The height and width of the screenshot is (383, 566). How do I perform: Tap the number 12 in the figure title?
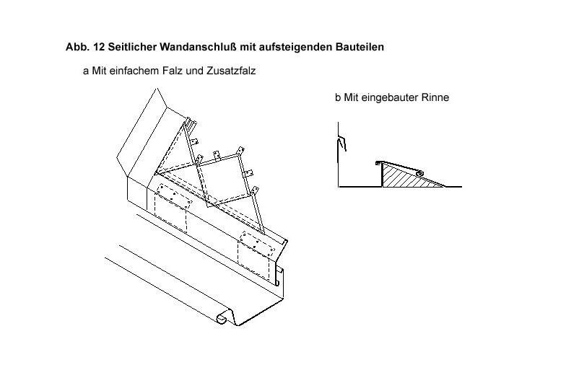pos(98,47)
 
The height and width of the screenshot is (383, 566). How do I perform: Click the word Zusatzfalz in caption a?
pos(231,71)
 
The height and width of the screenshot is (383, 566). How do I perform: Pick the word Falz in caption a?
pos(173,71)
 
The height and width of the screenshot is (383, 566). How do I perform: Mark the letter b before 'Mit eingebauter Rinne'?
pos(338,97)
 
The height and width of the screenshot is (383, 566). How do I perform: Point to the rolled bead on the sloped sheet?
pos(420,173)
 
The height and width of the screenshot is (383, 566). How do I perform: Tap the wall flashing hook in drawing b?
pos(342,144)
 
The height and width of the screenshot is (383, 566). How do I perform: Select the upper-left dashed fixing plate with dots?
pos(174,196)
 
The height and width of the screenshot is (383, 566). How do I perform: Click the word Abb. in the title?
pos(77,47)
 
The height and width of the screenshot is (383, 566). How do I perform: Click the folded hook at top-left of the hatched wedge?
pos(378,163)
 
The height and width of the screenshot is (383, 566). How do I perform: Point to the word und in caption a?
pos(195,71)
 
